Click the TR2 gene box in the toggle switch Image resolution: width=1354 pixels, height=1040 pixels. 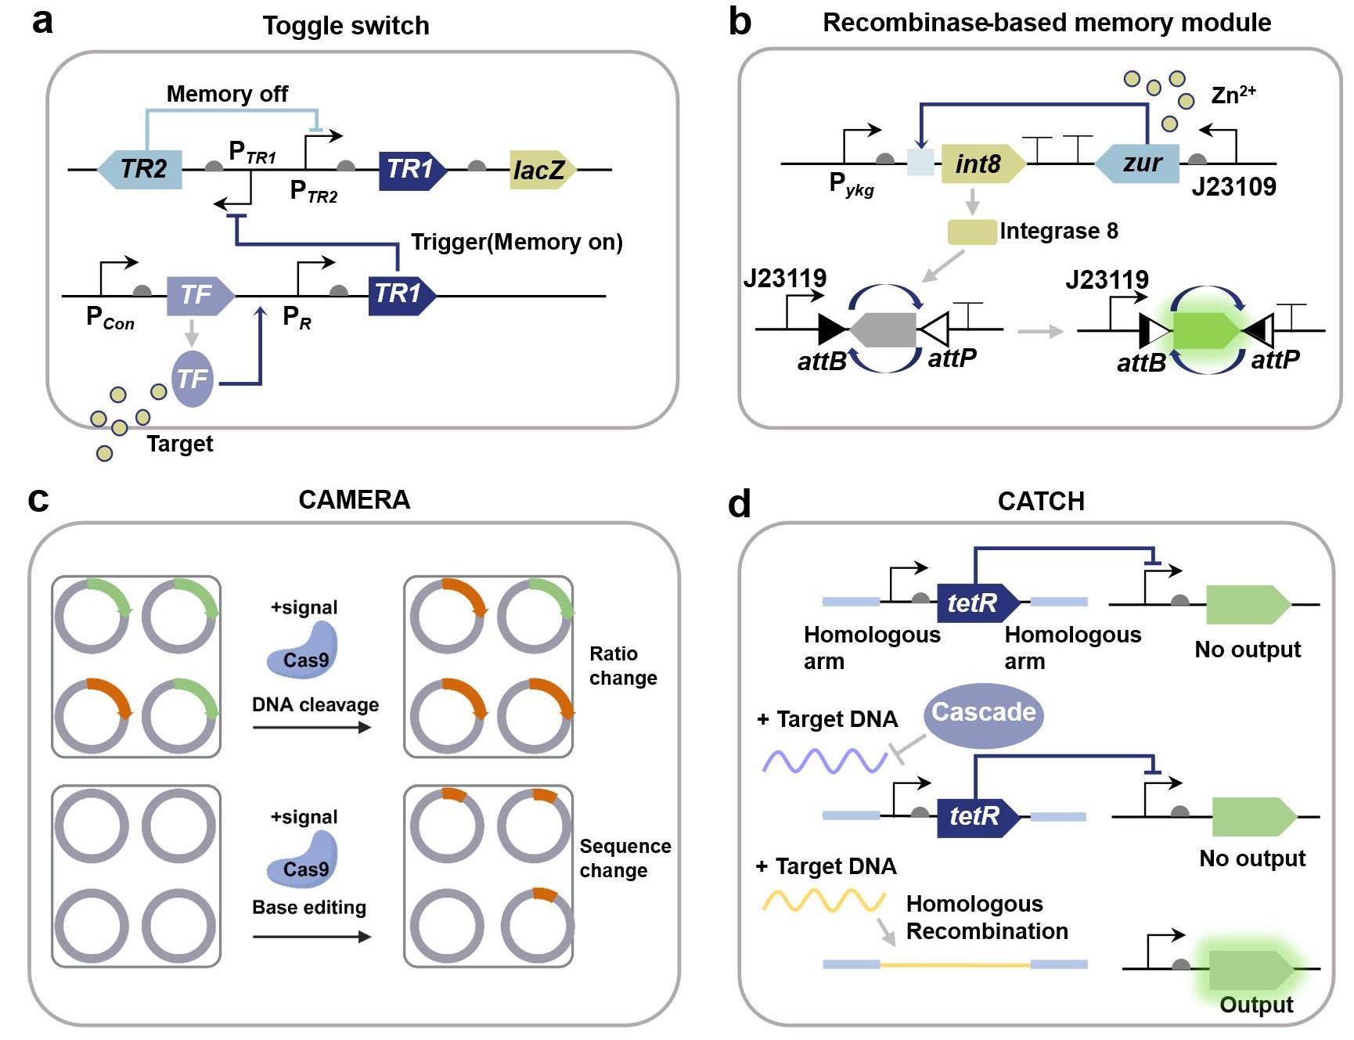(141, 169)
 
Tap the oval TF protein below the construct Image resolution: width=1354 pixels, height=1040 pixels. (193, 380)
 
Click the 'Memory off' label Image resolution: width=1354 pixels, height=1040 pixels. (227, 95)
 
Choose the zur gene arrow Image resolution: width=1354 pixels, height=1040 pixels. (1139, 164)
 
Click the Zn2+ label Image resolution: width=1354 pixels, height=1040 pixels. (1233, 95)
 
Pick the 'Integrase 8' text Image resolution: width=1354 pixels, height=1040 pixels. (1058, 232)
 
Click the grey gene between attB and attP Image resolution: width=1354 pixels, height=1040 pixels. (884, 329)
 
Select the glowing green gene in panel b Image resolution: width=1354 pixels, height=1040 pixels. (1205, 330)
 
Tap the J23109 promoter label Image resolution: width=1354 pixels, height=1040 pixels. (1233, 187)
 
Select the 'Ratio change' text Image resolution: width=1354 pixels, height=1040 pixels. (623, 666)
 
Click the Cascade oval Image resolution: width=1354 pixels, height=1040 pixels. (983, 713)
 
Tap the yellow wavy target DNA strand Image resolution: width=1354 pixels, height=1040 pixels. (824, 901)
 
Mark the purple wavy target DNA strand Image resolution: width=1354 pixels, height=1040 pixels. (824, 761)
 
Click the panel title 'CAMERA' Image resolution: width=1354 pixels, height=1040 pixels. (354, 500)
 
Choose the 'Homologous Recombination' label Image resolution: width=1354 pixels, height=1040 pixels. (986, 918)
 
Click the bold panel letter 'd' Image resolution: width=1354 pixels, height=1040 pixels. (739, 504)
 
